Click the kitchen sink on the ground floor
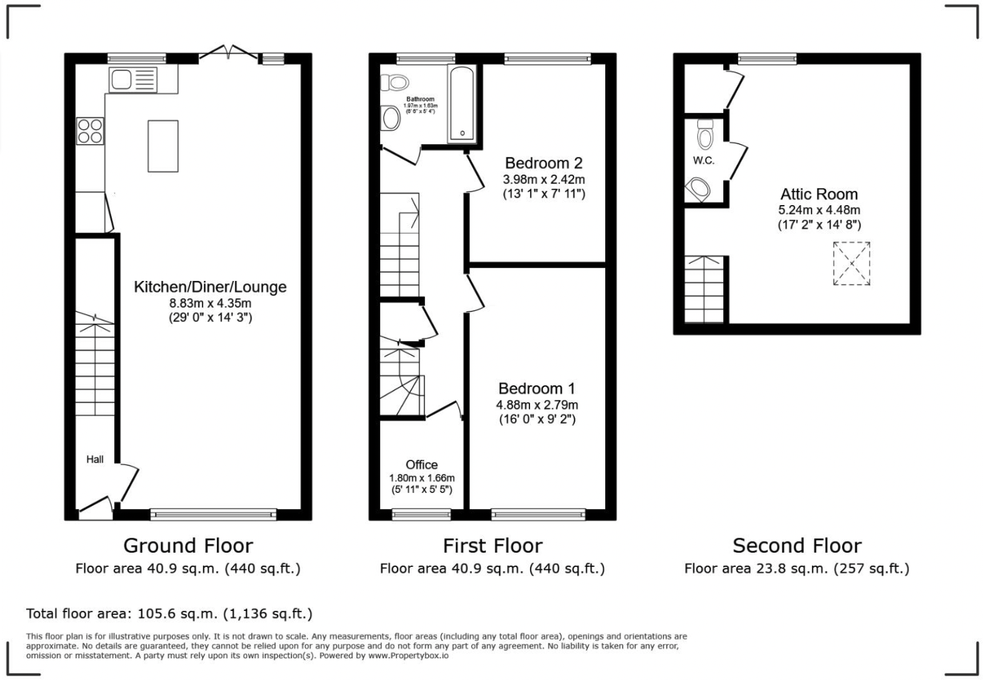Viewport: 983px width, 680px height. (132, 80)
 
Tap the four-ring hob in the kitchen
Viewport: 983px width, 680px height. (90, 131)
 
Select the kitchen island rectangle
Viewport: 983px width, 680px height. (163, 146)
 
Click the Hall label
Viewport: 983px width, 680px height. (95, 459)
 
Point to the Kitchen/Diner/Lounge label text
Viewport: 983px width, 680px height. (210, 287)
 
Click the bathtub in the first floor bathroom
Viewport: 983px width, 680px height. (462, 104)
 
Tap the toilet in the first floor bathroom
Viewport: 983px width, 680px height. (395, 82)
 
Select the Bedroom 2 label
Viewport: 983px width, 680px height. (543, 163)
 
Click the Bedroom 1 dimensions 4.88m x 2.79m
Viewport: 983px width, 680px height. (537, 405)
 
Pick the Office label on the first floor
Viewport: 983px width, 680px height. (421, 465)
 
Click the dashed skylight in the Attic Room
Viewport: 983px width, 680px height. (851, 264)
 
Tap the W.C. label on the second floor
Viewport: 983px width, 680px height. (703, 160)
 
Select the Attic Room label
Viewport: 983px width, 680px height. (818, 194)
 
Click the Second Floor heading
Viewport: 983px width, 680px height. (797, 546)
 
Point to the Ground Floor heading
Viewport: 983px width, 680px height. (188, 546)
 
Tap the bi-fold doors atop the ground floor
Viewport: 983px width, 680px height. (229, 54)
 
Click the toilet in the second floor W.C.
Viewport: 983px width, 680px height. (705, 134)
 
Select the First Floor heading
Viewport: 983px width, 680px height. (492, 546)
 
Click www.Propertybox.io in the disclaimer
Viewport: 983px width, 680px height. (408, 655)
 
